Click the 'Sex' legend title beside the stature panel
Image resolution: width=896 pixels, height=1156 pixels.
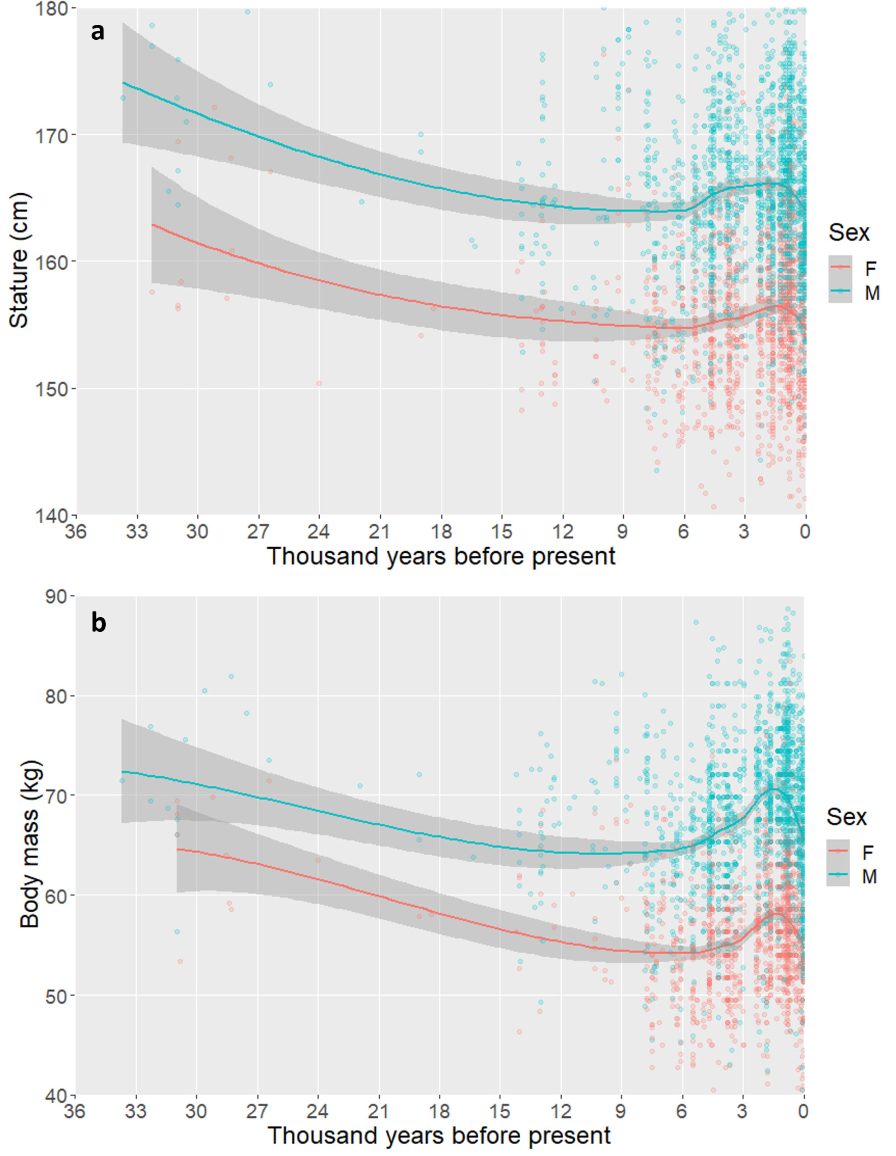click(849, 233)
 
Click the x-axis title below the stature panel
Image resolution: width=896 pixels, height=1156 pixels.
click(441, 556)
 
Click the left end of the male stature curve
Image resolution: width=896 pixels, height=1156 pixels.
click(123, 83)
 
